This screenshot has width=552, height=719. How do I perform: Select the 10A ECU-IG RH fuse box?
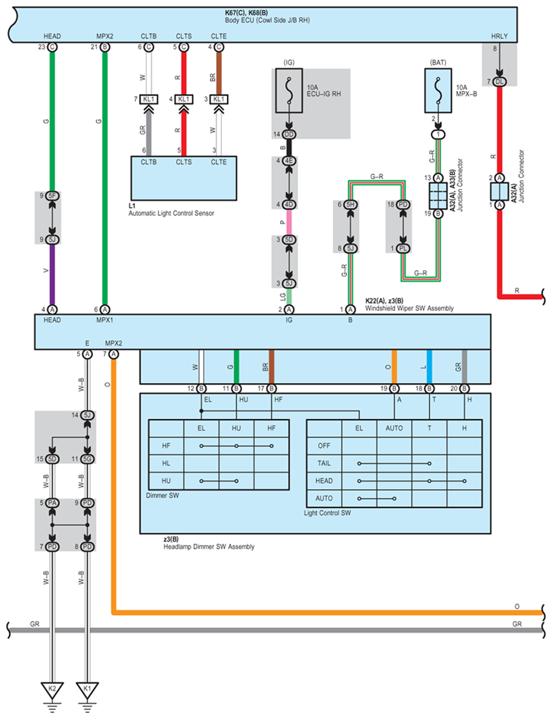pyautogui.click(x=289, y=90)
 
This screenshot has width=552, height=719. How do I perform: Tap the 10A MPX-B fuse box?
pyautogui.click(x=438, y=90)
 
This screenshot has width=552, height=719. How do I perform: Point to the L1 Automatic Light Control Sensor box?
pyautogui.click(x=184, y=178)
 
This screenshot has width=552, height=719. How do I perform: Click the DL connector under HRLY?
pyautogui.click(x=500, y=82)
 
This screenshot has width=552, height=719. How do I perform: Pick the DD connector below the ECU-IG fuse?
pyautogui.click(x=289, y=135)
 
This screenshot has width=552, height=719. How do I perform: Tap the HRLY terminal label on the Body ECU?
pyautogui.click(x=500, y=36)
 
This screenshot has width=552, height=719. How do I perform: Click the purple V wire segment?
pyautogui.click(x=52, y=274)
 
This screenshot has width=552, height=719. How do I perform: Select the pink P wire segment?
pyautogui.click(x=289, y=222)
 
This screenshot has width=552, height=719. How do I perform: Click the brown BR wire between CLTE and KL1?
pyautogui.click(x=218, y=73)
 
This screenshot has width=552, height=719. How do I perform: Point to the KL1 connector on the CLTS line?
pyautogui.click(x=184, y=99)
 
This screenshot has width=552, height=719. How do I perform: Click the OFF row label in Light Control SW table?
pyautogui.click(x=324, y=446)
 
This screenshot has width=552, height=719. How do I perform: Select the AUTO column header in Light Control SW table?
pyautogui.click(x=394, y=429)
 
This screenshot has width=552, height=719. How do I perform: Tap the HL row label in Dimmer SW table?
pyautogui.click(x=166, y=463)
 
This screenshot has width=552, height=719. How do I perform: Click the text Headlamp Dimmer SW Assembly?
pyautogui.click(x=209, y=547)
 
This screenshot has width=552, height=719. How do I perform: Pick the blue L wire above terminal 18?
pyautogui.click(x=429, y=367)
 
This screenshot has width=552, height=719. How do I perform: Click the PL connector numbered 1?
pyautogui.click(x=403, y=248)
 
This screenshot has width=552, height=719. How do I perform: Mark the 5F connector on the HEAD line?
pyautogui.click(x=52, y=196)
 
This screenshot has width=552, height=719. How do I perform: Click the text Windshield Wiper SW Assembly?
pyautogui.click(x=409, y=308)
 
